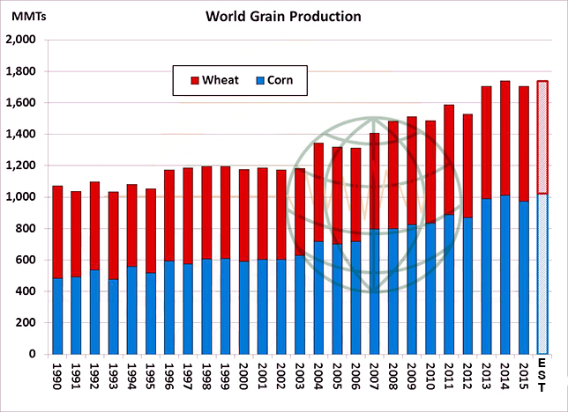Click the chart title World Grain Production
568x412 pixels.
(283, 17)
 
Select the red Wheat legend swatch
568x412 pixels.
(195, 81)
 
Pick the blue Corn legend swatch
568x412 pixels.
(259, 81)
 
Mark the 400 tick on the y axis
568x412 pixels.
(25, 291)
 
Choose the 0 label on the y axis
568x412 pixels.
(34, 354)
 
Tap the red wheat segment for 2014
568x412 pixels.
(504, 132)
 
